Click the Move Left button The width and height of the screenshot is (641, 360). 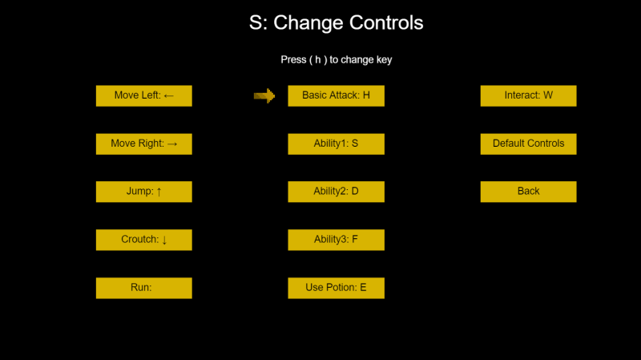point(144,95)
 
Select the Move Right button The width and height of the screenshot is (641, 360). point(144,144)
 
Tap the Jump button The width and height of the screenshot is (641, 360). point(144,192)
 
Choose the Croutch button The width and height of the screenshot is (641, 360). point(144,240)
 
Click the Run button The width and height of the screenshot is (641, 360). point(144,288)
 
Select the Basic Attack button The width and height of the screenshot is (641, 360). point(336,95)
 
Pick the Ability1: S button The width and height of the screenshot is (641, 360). point(336,144)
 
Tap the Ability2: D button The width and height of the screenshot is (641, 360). point(336,192)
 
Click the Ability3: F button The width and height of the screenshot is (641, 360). point(336,240)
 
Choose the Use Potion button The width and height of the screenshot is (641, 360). point(336,288)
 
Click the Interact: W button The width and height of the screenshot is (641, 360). point(529,95)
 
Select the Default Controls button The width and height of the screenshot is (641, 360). point(529,144)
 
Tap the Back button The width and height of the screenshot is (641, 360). point(529,192)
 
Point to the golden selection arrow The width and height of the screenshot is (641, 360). point(264,95)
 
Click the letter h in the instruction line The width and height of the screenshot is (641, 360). point(317,59)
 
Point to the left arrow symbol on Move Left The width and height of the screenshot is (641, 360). point(169,96)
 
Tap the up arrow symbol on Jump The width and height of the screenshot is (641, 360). point(159,192)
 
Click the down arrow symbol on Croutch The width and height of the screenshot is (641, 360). point(164,240)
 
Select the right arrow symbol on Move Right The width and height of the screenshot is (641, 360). point(172,144)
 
